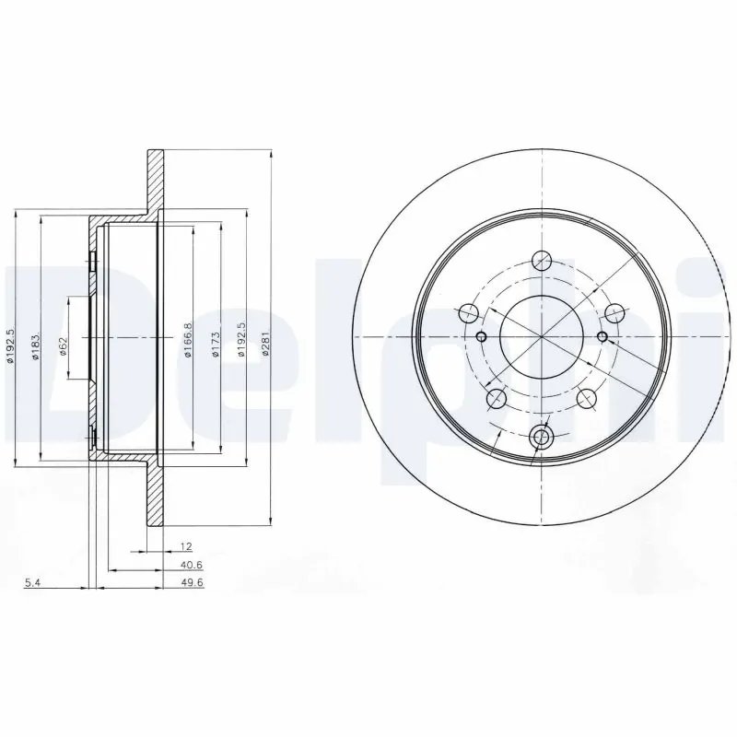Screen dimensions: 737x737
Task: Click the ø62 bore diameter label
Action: (63, 345)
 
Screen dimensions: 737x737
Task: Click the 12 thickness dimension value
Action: (186, 546)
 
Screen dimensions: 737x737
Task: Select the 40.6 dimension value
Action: (192, 566)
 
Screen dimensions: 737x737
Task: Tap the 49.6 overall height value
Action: (192, 583)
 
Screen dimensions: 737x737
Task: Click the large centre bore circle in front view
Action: (541, 336)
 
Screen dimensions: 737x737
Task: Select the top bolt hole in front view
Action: (543, 262)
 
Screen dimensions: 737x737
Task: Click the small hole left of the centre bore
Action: (480, 336)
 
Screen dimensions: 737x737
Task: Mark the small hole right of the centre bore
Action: (602, 336)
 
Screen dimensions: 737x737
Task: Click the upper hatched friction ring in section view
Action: (155, 181)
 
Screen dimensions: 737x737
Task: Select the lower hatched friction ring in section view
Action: (155, 493)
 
